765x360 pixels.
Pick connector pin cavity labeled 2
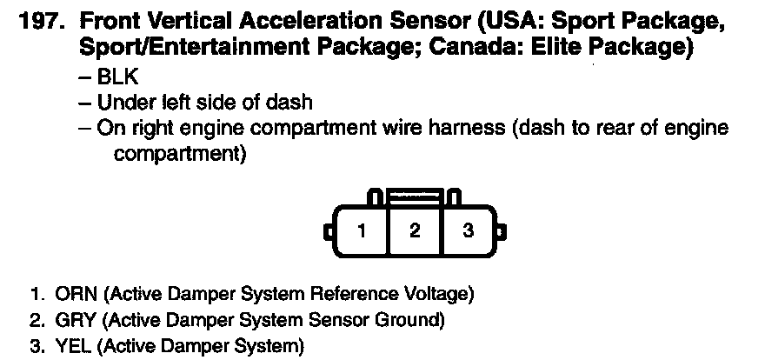point(415,230)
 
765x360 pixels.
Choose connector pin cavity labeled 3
point(469,230)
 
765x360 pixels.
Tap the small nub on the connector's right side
point(502,231)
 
